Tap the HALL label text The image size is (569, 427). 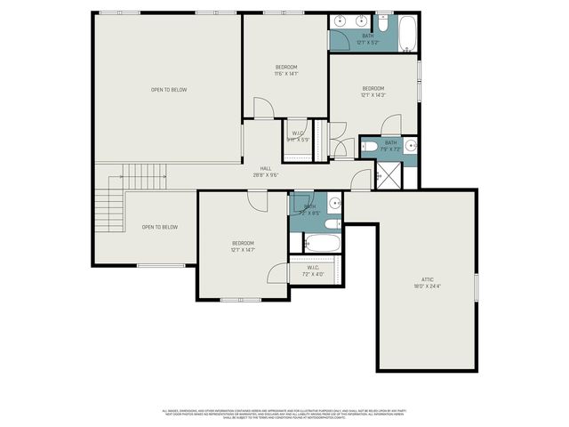coord(265,168)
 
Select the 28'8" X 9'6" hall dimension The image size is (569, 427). coord(265,175)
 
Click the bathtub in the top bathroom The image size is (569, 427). coord(406,32)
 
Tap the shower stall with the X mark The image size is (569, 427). coord(389,175)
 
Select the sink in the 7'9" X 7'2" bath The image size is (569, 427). coord(410,145)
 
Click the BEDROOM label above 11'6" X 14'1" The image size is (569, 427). coord(285,67)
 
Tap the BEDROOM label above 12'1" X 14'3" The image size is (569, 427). coord(373,88)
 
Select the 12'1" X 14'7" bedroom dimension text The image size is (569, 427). coord(243,251)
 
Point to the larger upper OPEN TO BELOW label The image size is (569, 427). coord(168,89)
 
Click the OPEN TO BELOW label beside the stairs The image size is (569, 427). coord(160,228)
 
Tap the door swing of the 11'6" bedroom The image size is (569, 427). coord(265,108)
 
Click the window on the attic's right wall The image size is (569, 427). coord(477,286)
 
